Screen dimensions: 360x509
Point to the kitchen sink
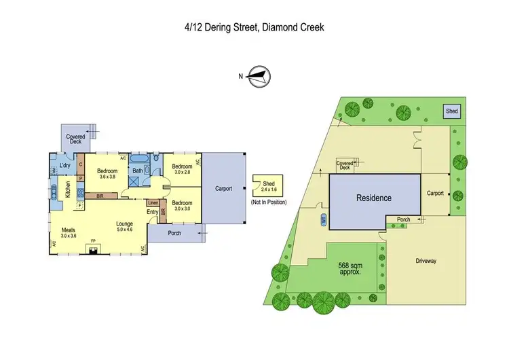(x=52, y=193)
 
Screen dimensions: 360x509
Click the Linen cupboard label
(x=153, y=202)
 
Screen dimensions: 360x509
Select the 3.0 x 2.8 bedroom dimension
(x=183, y=173)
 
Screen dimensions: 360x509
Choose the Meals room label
(x=69, y=230)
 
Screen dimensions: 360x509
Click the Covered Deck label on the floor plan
(x=75, y=139)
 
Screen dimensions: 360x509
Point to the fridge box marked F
(x=81, y=204)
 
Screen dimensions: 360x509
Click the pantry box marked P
(x=81, y=179)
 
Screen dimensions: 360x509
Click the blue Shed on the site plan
(x=451, y=111)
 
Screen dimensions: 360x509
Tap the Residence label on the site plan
(x=374, y=198)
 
